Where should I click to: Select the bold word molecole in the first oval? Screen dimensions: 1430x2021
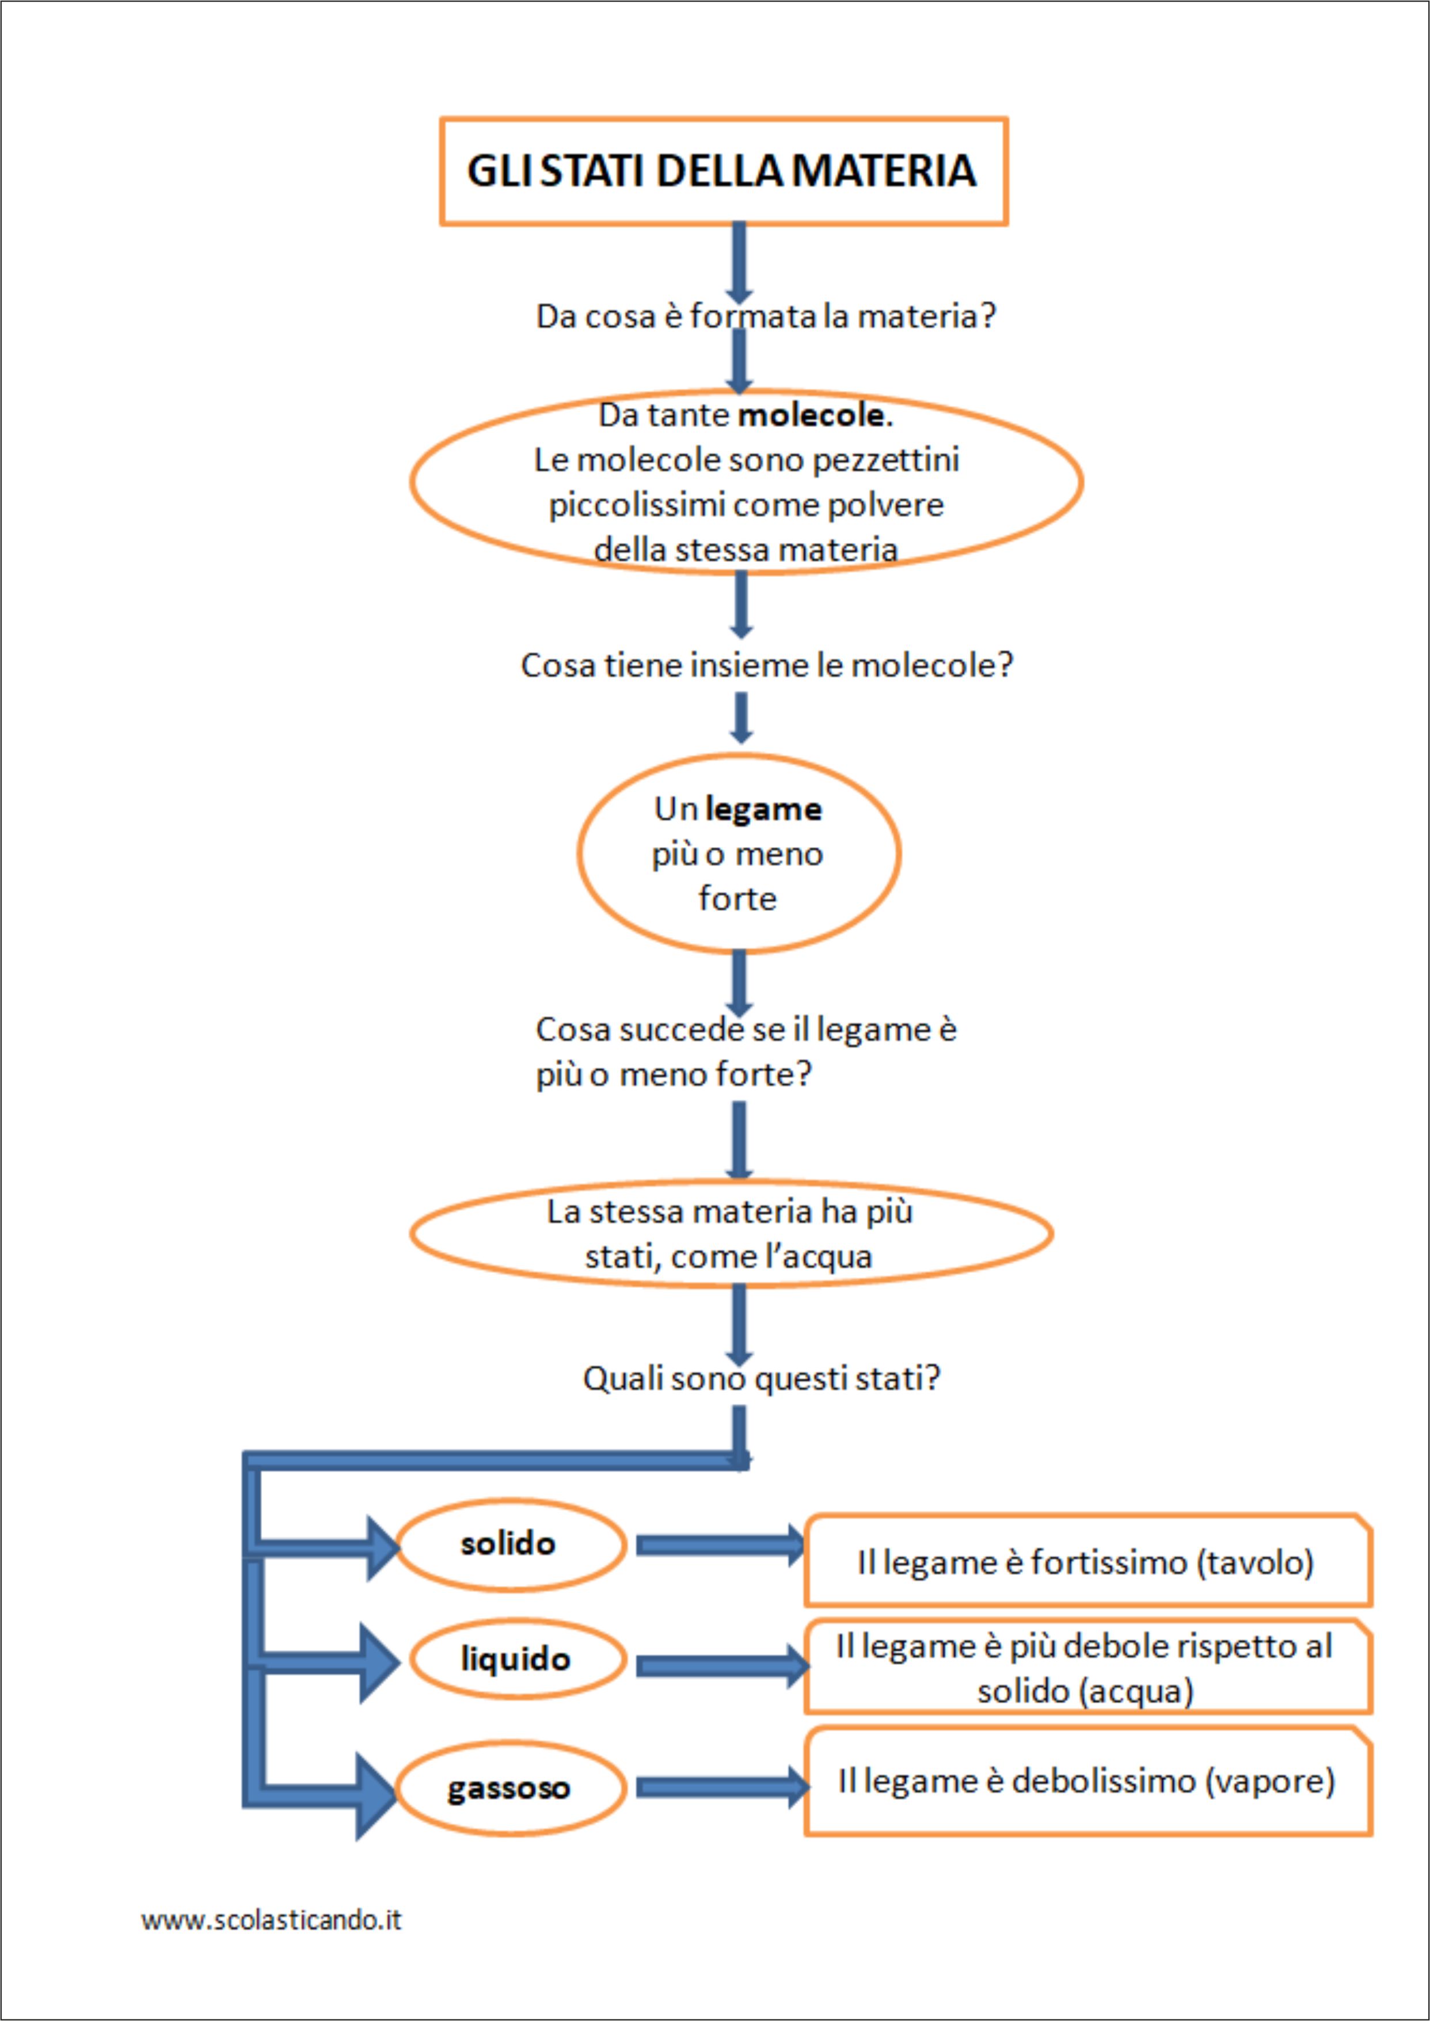click(x=811, y=414)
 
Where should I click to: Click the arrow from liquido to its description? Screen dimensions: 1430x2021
click(x=722, y=1665)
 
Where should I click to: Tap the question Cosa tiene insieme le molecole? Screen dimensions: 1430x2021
click(x=767, y=665)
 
